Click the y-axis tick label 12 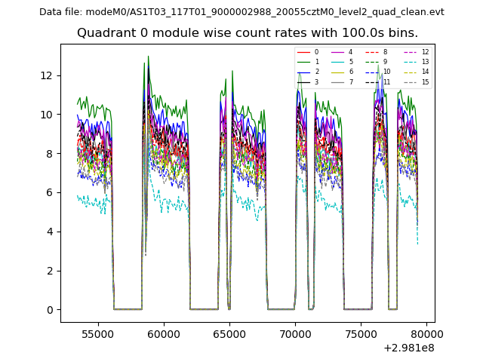(x=46, y=75)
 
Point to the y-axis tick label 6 (x=49, y=192)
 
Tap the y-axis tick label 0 (x=49, y=310)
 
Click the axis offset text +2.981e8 (x=409, y=348)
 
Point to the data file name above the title (x=241, y=12)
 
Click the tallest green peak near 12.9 (x=148, y=56)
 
